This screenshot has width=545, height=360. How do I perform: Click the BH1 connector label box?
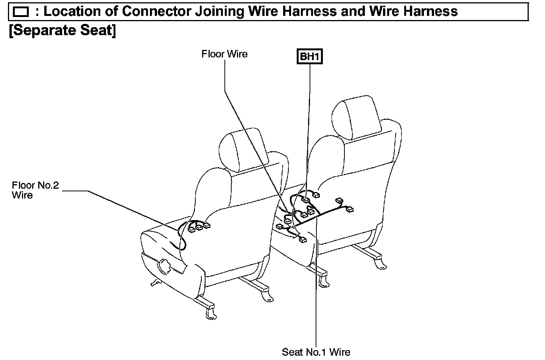pos(310,57)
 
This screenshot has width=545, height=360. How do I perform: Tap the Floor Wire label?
pos(224,54)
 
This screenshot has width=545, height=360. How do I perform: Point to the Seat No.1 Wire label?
pos(316,352)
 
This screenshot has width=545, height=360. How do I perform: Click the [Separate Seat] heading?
pos(62,30)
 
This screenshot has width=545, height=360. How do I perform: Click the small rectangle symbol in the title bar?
pos(20,12)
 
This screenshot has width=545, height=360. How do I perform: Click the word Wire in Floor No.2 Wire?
pos(22,196)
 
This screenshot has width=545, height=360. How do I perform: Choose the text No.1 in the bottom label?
pos(316,352)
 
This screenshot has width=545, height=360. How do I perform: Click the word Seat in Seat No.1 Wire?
pos(293,352)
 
